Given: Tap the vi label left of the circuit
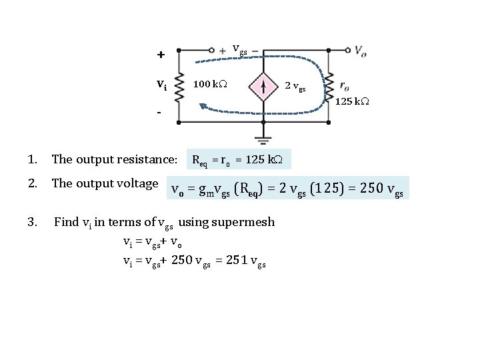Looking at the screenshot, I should coord(161,85).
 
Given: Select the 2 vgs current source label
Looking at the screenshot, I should coord(295,86).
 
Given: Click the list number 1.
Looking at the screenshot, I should coord(31,159).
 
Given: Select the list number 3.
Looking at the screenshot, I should coord(32,221).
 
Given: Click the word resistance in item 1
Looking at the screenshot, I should coord(150,159).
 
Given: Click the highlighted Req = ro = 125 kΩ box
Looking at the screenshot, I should coord(239,160).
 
